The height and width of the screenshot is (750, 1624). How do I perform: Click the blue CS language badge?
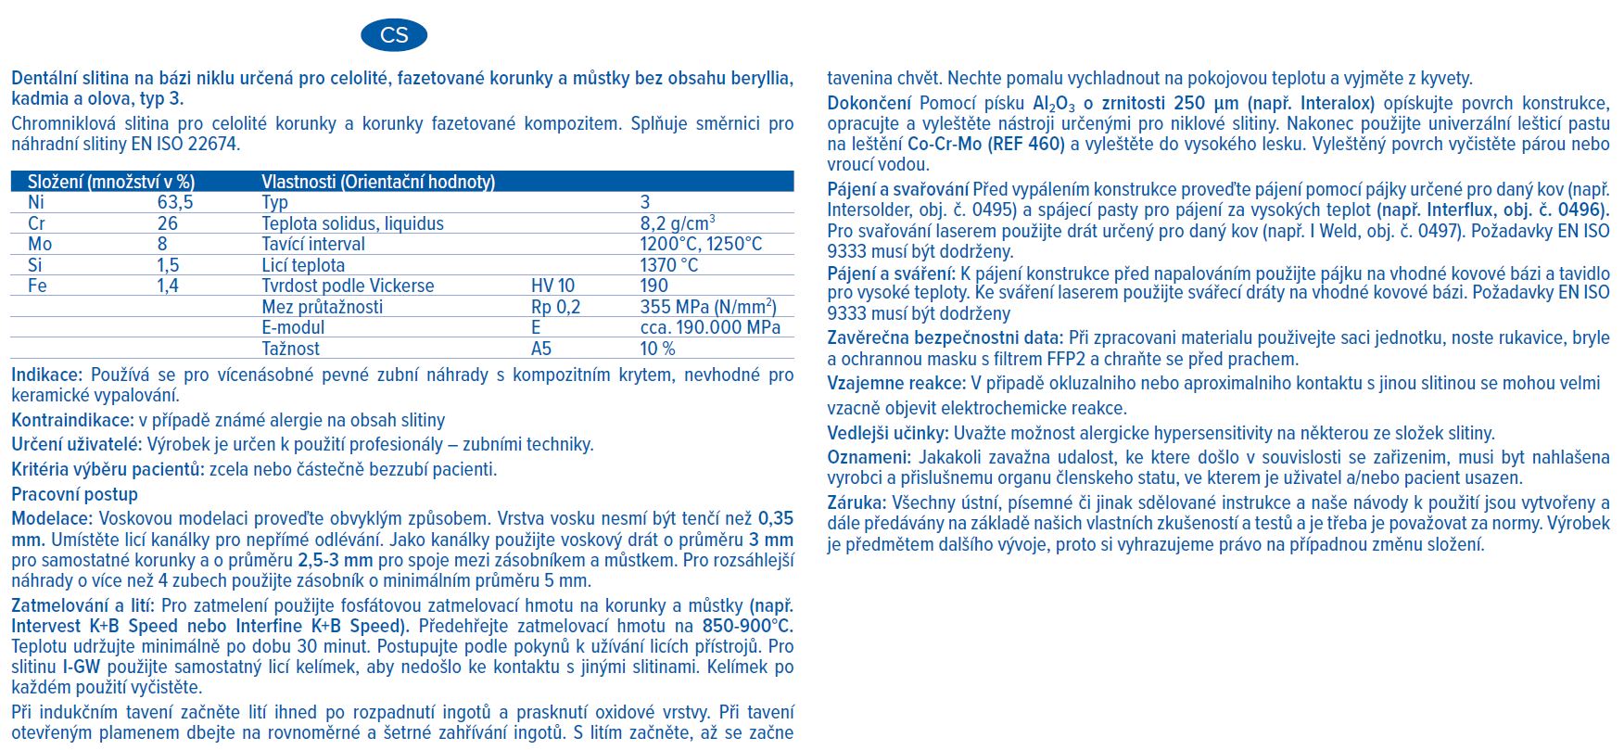coord(394,35)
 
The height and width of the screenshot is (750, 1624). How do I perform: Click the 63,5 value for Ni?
coord(175,202)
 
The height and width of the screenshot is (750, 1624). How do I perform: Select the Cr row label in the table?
coord(37,223)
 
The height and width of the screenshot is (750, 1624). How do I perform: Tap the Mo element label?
coord(40,244)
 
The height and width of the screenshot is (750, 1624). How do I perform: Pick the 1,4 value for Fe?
coord(168,286)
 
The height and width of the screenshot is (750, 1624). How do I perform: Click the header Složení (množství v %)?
coord(111,182)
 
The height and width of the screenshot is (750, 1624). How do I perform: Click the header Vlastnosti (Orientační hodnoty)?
coord(378,182)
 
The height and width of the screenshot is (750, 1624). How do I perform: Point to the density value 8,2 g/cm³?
coord(677,223)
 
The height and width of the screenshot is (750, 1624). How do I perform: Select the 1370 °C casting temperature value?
coord(669,265)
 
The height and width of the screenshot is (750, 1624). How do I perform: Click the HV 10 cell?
coord(552,286)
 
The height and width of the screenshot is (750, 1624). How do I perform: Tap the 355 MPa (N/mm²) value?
coord(708,307)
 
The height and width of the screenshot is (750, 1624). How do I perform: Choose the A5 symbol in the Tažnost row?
coord(541,349)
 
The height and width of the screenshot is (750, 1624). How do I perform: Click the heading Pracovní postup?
coord(74,494)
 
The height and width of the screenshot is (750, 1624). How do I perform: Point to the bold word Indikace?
coord(46,375)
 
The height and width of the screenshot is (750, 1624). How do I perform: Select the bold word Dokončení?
coord(869,103)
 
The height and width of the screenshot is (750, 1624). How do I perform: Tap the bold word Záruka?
coord(856,502)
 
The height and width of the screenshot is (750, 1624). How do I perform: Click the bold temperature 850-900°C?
coord(747,626)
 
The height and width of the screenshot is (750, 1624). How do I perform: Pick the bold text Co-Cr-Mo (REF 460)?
coord(985,144)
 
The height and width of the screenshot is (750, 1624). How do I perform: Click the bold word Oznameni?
coord(868,457)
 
